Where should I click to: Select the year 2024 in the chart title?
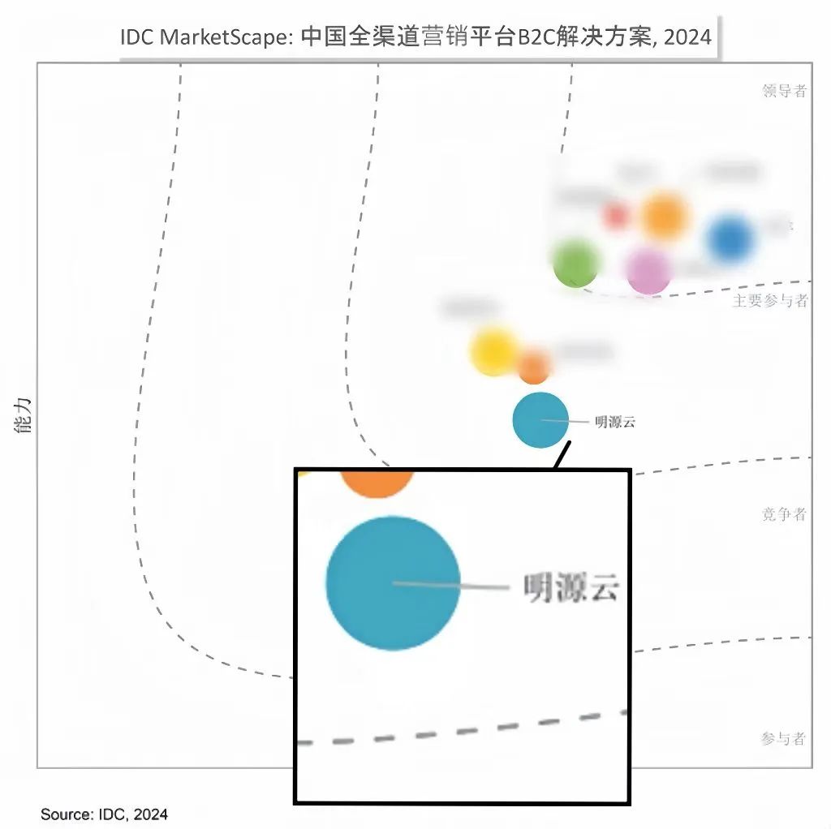pos(687,37)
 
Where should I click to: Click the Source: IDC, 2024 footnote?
pos(104,814)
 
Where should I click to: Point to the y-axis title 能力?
pos(24,414)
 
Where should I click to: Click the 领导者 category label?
pos(784,91)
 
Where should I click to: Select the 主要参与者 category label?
pos(770,301)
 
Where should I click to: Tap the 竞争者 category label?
pos(784,514)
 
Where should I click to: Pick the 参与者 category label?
pos(784,738)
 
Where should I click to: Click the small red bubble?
pos(617,216)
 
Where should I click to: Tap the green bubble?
pos(575,263)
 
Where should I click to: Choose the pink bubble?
pos(648,271)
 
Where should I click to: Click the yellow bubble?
pos(493,350)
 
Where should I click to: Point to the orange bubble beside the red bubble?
pos(664,217)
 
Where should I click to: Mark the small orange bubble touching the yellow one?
pos(533,367)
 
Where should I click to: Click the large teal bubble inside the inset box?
pos(393,582)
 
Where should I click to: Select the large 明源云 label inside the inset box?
pos(571,587)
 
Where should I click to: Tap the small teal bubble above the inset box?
pos(540,419)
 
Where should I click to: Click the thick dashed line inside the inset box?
pos(463,729)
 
